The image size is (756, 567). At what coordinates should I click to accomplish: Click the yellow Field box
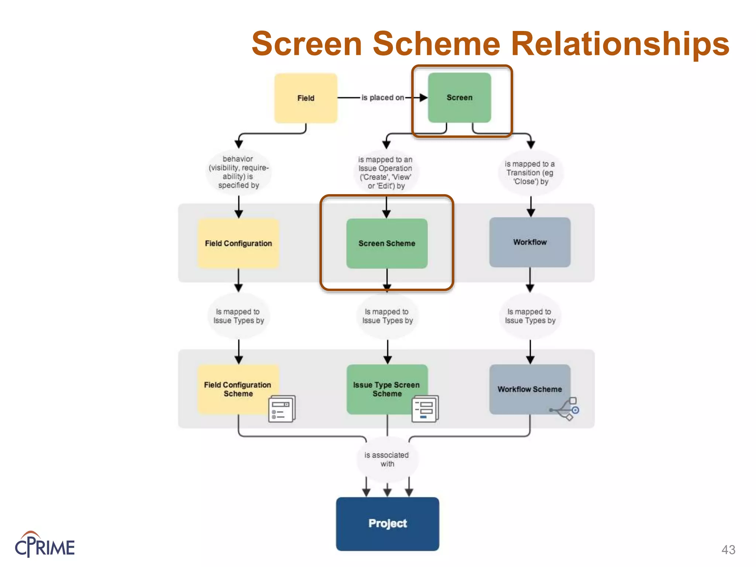306,98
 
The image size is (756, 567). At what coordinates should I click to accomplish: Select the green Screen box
459,98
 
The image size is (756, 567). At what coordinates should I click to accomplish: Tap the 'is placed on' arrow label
382,98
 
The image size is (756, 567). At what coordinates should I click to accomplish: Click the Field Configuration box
238,244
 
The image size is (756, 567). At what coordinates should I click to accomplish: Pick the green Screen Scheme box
386,244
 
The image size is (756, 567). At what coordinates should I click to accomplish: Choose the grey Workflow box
530,242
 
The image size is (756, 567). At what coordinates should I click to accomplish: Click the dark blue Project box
387,524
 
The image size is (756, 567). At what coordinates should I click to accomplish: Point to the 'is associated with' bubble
387,460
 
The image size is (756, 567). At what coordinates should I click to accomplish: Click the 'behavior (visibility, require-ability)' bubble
238,172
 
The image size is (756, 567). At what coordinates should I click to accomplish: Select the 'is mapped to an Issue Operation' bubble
386,173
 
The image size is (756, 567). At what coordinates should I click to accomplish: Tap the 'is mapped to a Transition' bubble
530,173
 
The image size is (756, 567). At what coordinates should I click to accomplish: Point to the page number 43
728,550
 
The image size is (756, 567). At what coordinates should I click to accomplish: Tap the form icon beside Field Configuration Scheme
282,409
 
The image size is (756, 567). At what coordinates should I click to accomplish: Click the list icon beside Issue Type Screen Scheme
425,409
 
